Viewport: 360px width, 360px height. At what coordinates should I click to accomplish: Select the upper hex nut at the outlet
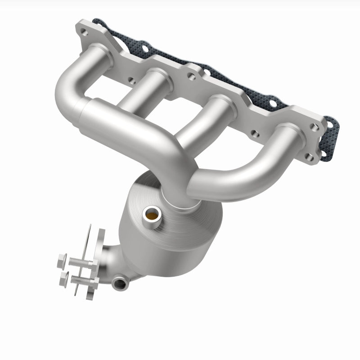[x=62, y=260]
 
